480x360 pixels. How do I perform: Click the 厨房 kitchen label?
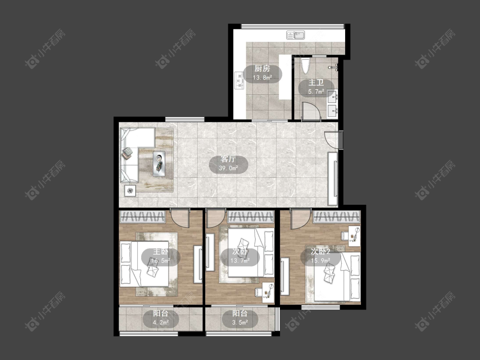click(262, 68)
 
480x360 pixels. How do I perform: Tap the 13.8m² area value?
click(262, 78)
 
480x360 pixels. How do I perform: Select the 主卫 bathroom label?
click(316, 83)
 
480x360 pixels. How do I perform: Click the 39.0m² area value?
click(228, 168)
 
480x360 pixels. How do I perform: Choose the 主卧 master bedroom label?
click(161, 252)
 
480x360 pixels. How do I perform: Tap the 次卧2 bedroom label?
click(320, 252)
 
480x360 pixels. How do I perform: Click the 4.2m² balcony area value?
click(161, 322)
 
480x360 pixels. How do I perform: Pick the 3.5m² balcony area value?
click(240, 322)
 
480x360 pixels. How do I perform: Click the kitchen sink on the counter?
click(296, 35)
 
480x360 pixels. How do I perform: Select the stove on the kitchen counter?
click(239, 81)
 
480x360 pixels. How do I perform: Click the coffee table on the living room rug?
click(159, 164)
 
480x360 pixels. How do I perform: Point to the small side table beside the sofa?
click(131, 191)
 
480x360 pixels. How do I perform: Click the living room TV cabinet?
click(333, 179)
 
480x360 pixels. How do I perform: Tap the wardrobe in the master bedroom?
click(143, 217)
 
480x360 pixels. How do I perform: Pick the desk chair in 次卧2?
click(345, 235)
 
